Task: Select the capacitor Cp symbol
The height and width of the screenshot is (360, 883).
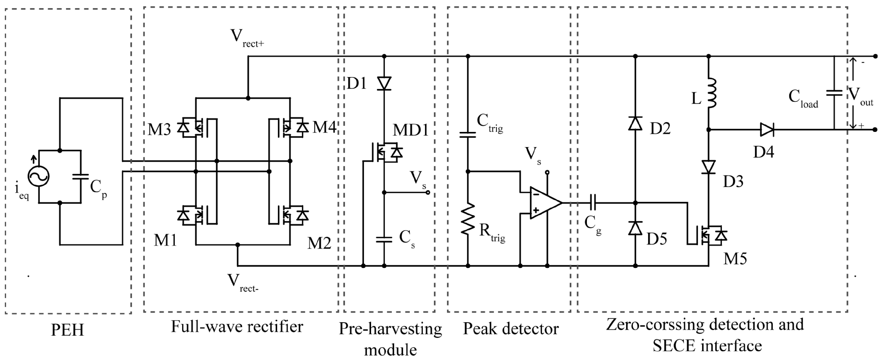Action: [x=80, y=177]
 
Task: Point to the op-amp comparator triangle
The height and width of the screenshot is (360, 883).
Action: [x=544, y=203]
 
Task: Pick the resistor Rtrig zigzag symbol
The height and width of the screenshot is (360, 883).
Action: [x=468, y=219]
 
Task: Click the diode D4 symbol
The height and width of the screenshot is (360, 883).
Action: [x=766, y=130]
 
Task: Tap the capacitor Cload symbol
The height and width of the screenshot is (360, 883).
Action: [x=834, y=93]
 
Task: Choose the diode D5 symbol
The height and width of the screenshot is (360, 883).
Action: [x=635, y=228]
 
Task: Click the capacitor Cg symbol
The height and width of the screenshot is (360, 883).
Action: [x=593, y=203]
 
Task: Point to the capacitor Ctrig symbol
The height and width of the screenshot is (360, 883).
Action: [x=468, y=135]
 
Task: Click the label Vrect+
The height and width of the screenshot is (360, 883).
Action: [x=247, y=38]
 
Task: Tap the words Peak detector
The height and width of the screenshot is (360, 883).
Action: [x=511, y=328]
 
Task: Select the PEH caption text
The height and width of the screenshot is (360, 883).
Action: [x=68, y=330]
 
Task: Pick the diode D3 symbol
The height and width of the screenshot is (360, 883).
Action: [x=709, y=167]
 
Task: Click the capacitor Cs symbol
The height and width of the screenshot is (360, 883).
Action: [x=384, y=239]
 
